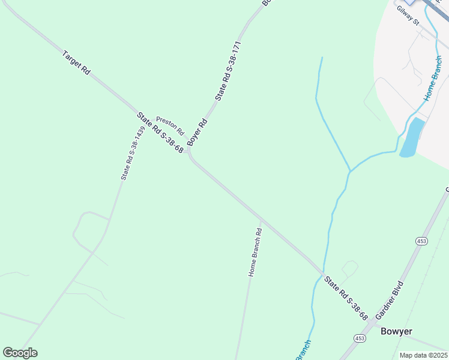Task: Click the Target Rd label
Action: pos(76,62)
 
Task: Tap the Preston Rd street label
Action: pos(170,125)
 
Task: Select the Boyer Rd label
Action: pos(197,132)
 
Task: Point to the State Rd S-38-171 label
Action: pos(228,71)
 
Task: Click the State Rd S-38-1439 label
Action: pos(133,153)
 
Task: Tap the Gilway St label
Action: pos(407,15)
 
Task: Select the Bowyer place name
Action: pos(396,331)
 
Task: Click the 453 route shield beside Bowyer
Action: pos(360,338)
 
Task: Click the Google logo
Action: pos(20,352)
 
